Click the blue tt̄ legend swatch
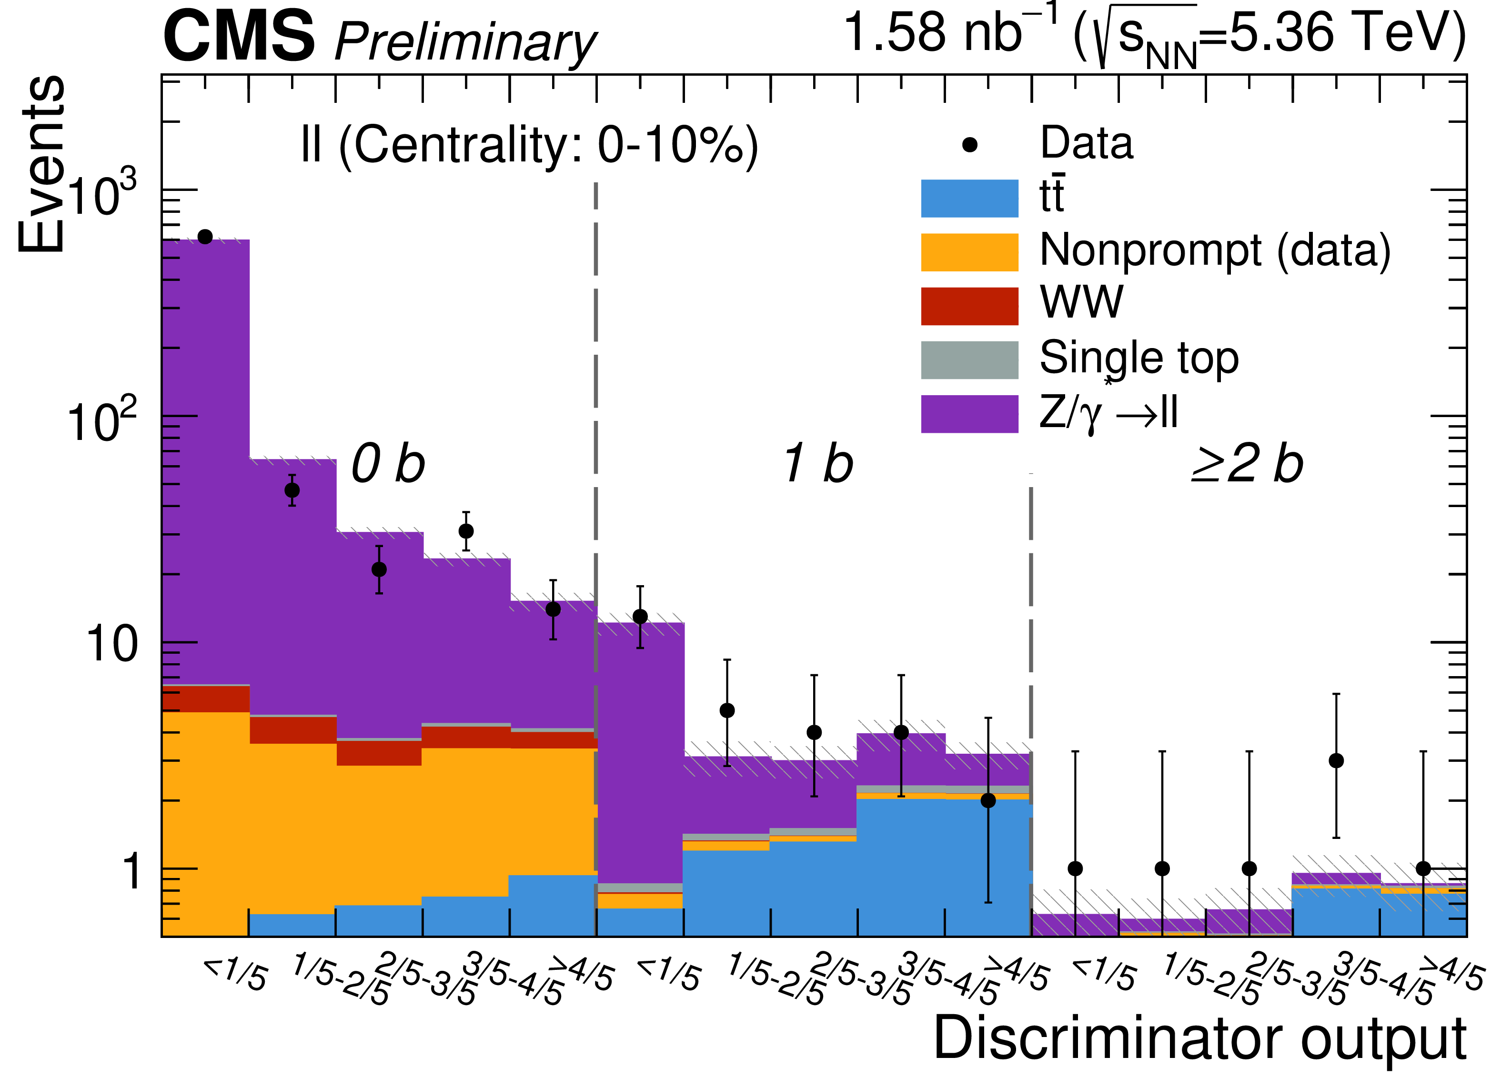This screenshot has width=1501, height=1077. coord(969,199)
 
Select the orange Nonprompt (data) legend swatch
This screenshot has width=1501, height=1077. coord(969,252)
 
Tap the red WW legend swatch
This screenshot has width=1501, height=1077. coord(969,306)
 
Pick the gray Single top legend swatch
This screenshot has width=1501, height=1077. coord(969,360)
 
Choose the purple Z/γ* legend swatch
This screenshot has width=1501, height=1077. coord(969,414)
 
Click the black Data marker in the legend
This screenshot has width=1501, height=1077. coord(969,145)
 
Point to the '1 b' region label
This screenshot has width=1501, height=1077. coord(819,464)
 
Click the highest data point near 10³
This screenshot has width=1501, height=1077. coord(205,237)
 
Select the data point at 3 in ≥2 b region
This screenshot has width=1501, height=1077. coord(1336,761)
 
